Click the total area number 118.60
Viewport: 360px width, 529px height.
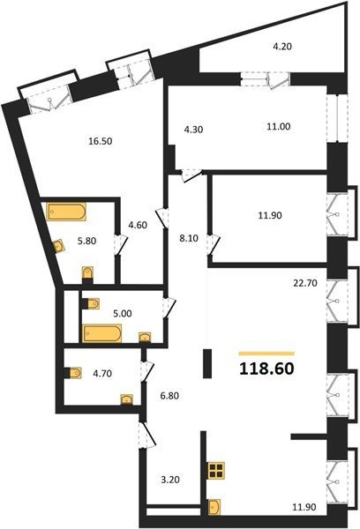(266, 369)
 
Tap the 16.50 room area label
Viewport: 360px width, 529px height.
(101, 141)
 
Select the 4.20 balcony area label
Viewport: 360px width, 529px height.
(282, 46)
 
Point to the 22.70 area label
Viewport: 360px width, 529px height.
(305, 283)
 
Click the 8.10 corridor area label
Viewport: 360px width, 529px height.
(189, 239)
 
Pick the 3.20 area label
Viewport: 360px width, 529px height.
(170, 480)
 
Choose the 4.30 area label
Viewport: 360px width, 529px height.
(193, 130)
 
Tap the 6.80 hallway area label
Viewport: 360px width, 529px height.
(169, 395)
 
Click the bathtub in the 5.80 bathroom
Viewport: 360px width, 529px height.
(66, 212)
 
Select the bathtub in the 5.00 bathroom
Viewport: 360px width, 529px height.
(101, 333)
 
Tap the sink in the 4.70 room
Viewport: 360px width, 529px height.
(127, 399)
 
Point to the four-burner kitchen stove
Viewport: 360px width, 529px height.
(216, 470)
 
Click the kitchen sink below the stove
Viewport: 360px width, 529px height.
(214, 507)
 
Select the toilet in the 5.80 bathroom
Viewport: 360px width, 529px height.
(88, 273)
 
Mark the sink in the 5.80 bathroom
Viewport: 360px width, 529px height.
(59, 246)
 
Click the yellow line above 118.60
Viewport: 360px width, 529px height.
(266, 354)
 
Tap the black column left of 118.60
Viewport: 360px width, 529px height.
(207, 363)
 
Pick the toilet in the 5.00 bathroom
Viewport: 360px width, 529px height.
(91, 303)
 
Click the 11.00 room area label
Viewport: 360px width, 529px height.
(278, 126)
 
